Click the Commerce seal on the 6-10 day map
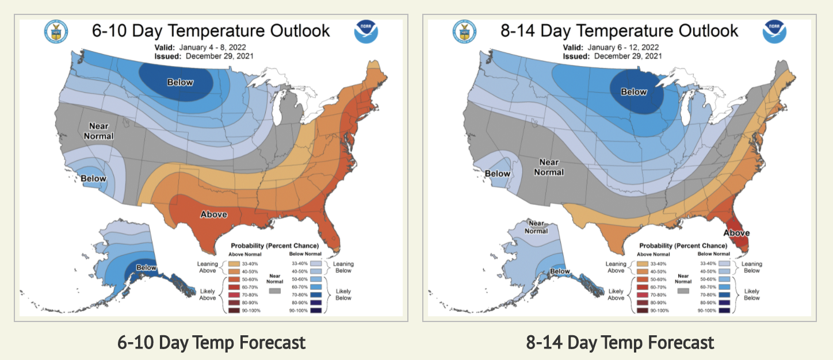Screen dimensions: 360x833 56,32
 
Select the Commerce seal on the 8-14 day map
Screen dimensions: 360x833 465,32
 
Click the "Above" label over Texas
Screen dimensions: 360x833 213,215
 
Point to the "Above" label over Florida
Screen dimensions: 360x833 736,233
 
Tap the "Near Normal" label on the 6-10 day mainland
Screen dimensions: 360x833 98,131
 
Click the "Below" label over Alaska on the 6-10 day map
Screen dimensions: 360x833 146,267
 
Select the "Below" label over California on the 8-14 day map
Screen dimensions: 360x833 498,174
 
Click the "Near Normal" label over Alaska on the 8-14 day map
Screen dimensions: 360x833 536,227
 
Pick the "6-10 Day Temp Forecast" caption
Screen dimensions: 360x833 211,343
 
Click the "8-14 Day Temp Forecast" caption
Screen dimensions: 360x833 620,343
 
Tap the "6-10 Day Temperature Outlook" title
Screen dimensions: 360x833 211,30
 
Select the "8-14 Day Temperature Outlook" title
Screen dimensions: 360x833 620,30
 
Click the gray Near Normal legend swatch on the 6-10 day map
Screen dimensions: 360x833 275,292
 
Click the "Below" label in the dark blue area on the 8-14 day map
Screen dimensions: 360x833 633,92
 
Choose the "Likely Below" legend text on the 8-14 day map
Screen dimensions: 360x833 748,294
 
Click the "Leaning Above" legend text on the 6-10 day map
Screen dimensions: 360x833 207,268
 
